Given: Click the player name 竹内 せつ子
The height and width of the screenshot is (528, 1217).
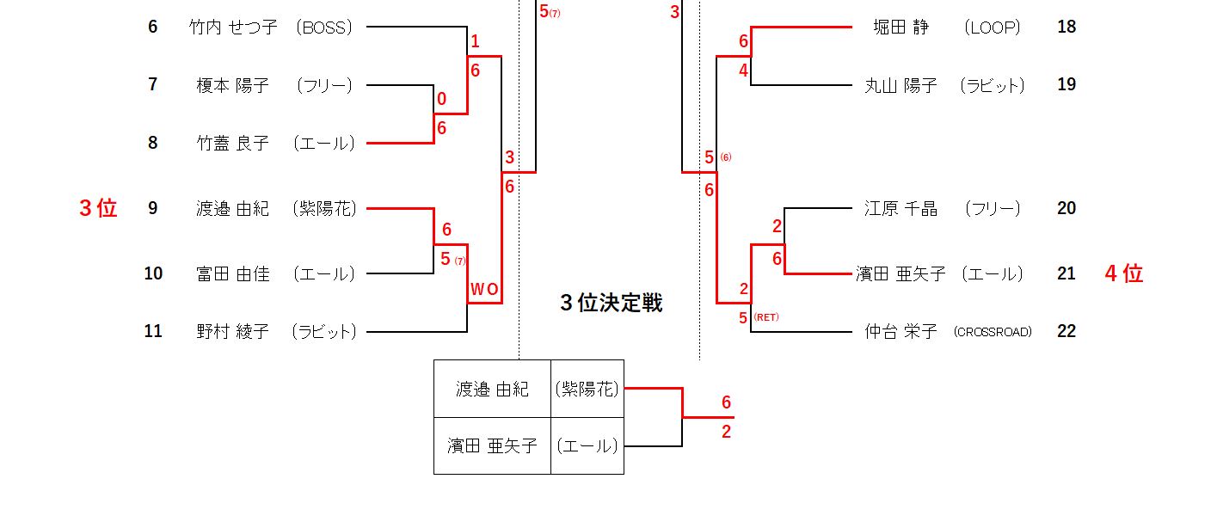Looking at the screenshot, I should (x=232, y=27).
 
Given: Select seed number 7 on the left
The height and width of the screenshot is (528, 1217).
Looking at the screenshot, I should (x=153, y=84).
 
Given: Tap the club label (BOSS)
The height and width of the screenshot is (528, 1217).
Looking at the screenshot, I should (x=323, y=27).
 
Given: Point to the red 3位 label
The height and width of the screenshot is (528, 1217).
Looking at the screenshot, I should (x=98, y=208).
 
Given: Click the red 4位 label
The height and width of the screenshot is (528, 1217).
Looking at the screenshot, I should (x=1123, y=273).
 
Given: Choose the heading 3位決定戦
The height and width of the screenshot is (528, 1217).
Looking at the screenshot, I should (x=611, y=303).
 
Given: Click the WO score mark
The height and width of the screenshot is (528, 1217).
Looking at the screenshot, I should (x=484, y=289).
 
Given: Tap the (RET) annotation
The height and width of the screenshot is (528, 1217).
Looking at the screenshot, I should (x=765, y=317).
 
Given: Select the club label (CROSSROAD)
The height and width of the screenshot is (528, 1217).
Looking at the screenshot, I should (x=992, y=332).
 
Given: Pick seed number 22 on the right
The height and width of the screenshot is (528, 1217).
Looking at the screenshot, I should (x=1066, y=331).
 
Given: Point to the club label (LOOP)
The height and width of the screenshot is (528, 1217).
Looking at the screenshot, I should (x=993, y=27).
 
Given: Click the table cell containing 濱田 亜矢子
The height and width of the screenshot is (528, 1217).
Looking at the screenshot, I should (x=492, y=445).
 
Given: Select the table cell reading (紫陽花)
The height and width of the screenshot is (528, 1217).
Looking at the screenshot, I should (x=587, y=389).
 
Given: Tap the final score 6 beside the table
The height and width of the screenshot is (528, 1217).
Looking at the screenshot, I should (x=726, y=402).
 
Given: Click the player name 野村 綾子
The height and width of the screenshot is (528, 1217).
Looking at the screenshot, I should (x=232, y=331).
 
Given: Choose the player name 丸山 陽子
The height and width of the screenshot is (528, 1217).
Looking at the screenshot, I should (x=900, y=84).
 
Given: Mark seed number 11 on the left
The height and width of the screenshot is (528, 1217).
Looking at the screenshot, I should (x=153, y=331).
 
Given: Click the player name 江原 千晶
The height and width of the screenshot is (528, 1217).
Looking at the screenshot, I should (x=900, y=208).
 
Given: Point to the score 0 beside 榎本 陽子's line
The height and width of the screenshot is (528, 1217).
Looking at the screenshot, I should (x=441, y=99).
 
